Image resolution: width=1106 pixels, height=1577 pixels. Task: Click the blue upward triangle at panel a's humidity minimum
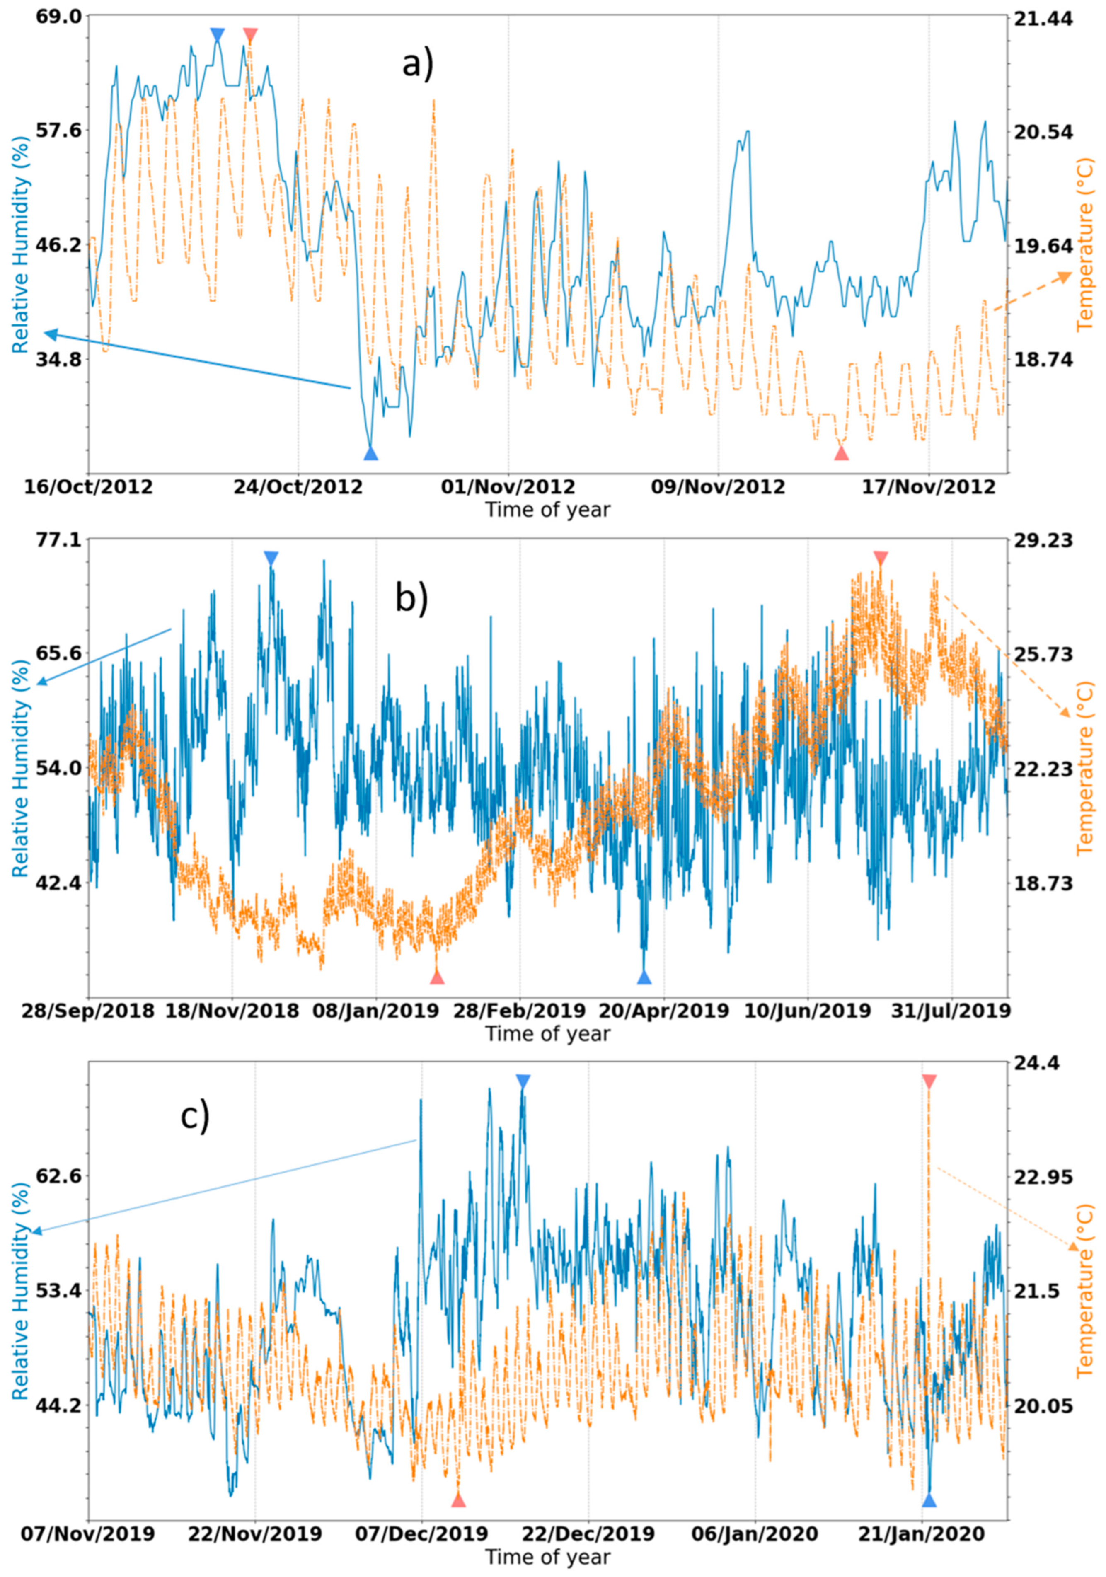(371, 454)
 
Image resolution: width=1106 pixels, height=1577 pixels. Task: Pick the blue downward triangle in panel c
(523, 1082)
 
